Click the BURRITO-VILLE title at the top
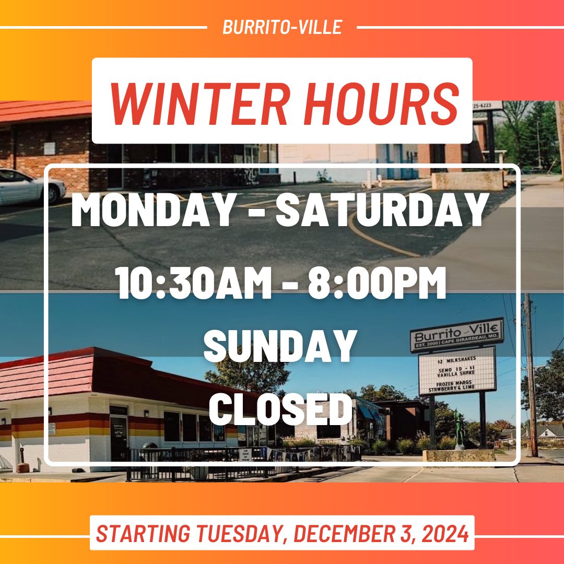pos(282,27)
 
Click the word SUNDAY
pos(279,347)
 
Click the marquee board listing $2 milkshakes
pos(456,371)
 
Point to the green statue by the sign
pos(459,429)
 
